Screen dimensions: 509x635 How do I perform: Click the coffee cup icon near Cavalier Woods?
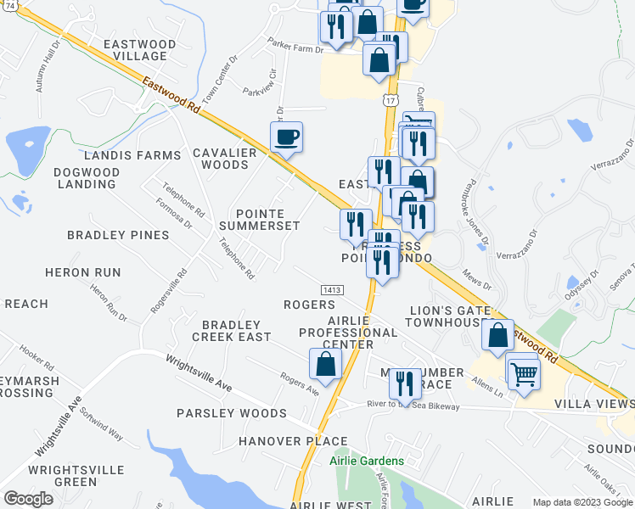pyautogui.click(x=286, y=137)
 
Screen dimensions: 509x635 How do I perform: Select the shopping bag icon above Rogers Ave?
pyautogui.click(x=326, y=364)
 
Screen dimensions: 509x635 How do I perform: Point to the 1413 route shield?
pyautogui.click(x=332, y=290)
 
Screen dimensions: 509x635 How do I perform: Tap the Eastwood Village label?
pyautogui.click(x=139, y=50)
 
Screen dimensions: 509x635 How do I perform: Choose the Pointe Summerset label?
pyautogui.click(x=260, y=220)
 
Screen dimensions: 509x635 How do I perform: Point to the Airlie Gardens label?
pyautogui.click(x=367, y=461)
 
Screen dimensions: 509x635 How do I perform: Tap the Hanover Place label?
pyautogui.click(x=293, y=441)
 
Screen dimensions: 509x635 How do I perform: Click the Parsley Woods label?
pyautogui.click(x=231, y=413)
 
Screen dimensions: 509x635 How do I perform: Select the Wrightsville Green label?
pyautogui.click(x=63, y=475)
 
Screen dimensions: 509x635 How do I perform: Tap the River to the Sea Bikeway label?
pyautogui.click(x=413, y=406)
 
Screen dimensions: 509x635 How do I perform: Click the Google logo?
pyautogui.click(x=28, y=499)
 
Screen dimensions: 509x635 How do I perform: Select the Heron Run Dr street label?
pyautogui.click(x=108, y=303)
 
